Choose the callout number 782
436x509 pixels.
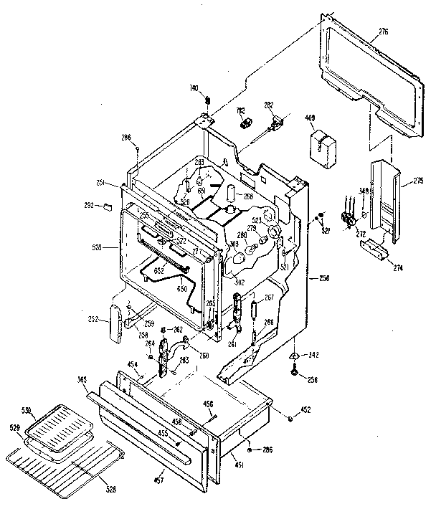point(241,110)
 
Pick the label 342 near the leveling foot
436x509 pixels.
point(314,355)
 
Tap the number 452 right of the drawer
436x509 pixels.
point(305,411)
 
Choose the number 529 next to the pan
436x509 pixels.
point(14,427)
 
